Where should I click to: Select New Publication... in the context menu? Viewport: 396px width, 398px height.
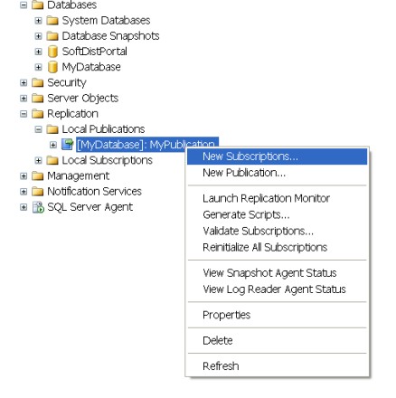(x=244, y=173)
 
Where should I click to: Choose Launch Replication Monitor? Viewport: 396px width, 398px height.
(x=266, y=198)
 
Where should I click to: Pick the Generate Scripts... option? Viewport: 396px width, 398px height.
(x=246, y=214)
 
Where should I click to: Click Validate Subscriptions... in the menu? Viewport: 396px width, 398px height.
(x=258, y=231)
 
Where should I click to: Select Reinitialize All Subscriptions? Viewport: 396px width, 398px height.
(x=265, y=247)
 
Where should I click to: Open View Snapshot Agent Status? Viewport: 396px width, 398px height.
(x=269, y=273)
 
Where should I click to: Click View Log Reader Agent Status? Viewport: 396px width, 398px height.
(x=274, y=289)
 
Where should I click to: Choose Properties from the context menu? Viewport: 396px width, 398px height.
(x=227, y=315)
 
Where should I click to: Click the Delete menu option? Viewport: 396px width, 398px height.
(x=218, y=341)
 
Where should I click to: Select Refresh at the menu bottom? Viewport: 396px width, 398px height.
(x=221, y=366)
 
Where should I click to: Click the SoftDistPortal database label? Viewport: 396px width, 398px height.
(x=94, y=52)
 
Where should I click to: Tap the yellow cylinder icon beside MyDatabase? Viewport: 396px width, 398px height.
(x=52, y=67)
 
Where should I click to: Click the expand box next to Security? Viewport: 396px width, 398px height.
(x=24, y=82)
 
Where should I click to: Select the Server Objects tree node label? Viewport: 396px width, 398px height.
(x=83, y=99)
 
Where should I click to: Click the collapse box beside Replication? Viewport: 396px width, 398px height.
(x=24, y=114)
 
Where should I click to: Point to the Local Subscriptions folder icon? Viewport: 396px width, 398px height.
(x=52, y=160)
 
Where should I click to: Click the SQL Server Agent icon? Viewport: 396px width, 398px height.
(x=38, y=207)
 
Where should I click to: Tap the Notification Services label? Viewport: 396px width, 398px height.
(x=94, y=192)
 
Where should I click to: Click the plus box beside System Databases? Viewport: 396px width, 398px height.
(x=38, y=21)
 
